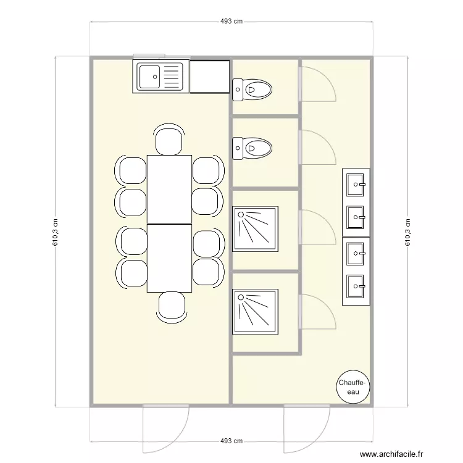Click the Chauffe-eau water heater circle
point(352,388)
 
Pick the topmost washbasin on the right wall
point(356,183)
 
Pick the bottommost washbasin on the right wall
point(356,285)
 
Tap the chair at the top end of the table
point(169,140)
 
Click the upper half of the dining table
point(169,189)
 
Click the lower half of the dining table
point(169,258)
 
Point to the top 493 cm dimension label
point(231,21)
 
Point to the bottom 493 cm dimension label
point(231,441)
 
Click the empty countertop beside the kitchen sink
point(210,77)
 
